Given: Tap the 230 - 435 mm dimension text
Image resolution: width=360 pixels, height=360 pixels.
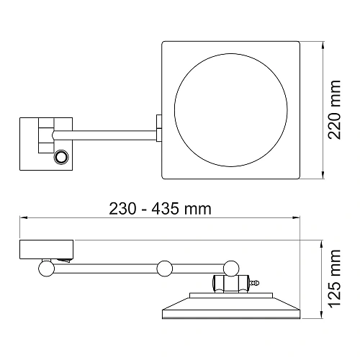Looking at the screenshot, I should pos(160,209).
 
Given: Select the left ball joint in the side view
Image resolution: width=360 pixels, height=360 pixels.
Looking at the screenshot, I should pos(46,269).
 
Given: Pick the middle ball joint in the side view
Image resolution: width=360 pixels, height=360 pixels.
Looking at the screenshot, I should pos(165,269).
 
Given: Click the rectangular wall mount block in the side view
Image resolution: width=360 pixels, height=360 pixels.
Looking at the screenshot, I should pos(48,250).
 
